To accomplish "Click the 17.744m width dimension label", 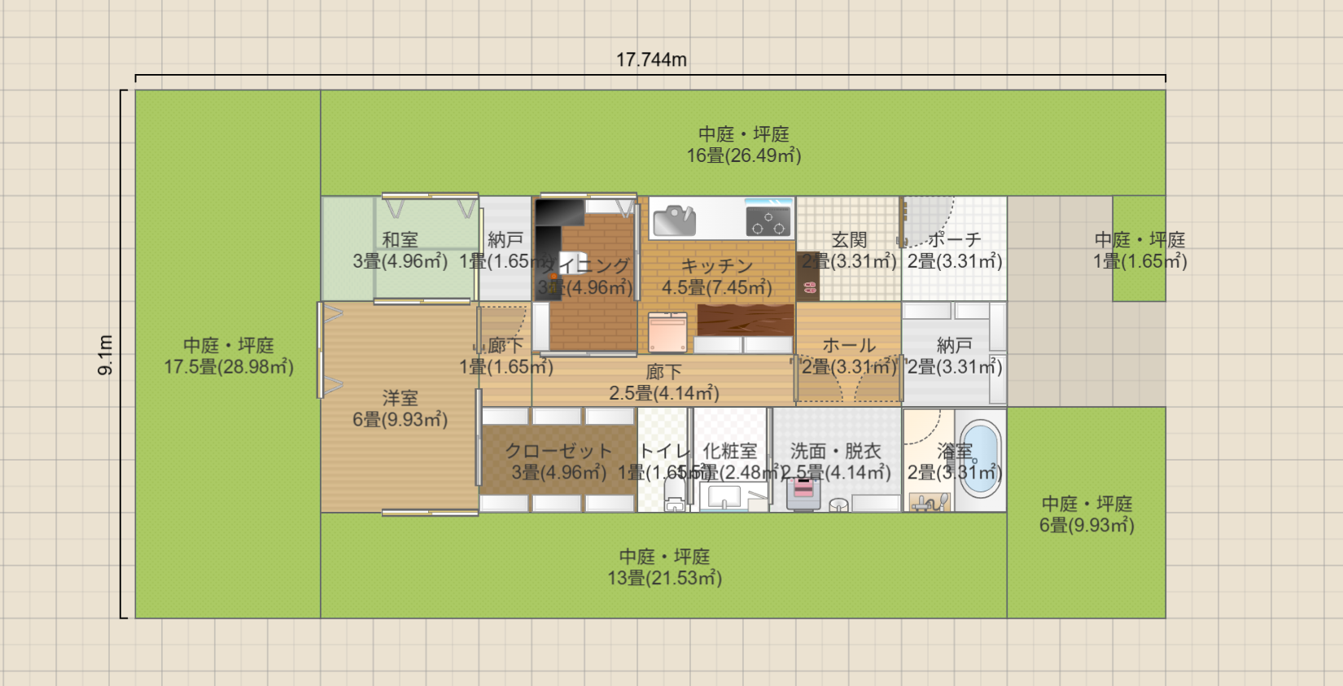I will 651,60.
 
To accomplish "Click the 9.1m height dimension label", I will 106,355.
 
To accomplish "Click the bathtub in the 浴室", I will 979,459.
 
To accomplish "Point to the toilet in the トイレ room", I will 675,493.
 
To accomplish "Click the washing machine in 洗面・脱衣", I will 803,492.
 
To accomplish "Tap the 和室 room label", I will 400,240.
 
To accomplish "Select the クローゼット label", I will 558,451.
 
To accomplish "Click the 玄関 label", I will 849,240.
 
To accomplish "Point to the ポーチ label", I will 955,240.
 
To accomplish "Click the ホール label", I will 849,345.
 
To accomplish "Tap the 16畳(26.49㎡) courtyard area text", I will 744,155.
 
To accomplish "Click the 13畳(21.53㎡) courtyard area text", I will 664,579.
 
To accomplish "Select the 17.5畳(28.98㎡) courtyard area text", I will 229,367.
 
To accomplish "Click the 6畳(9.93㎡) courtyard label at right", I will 1087,526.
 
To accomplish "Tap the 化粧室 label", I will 730,451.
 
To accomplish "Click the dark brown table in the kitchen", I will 745,320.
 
